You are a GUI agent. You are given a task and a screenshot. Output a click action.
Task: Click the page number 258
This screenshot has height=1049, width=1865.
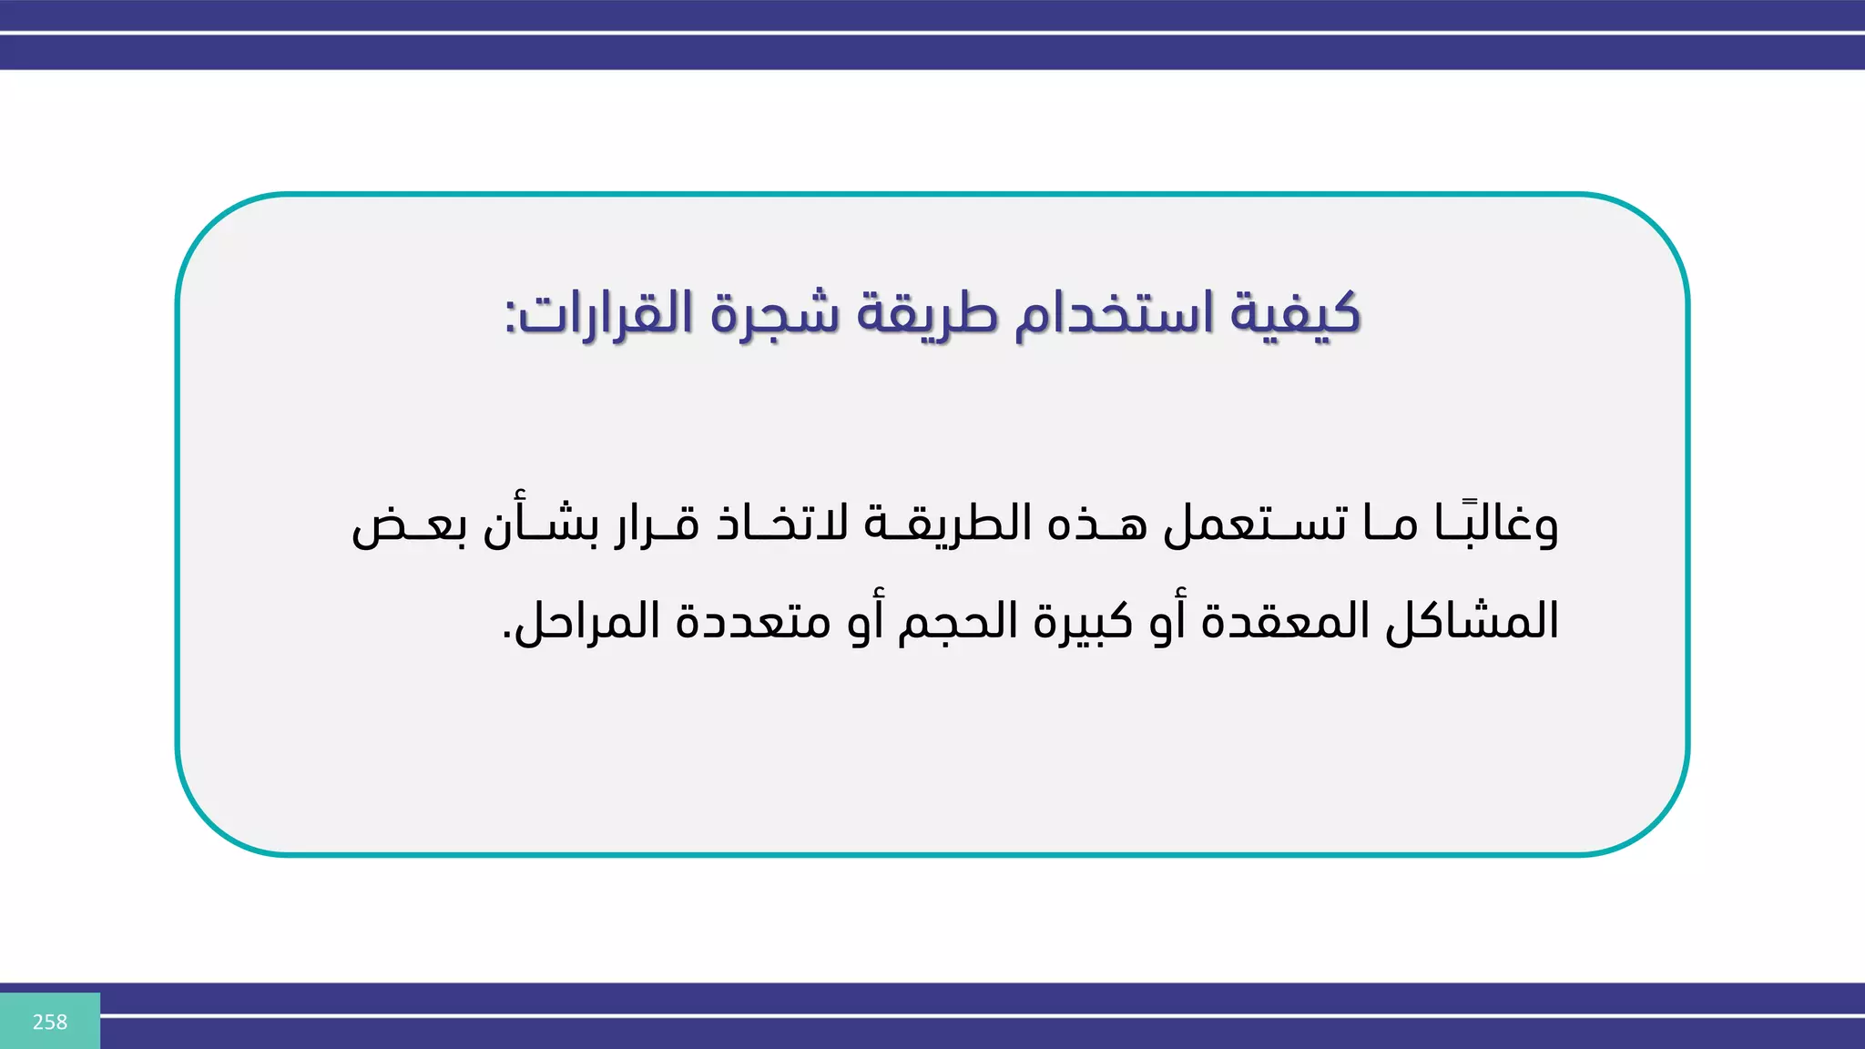click(49, 1022)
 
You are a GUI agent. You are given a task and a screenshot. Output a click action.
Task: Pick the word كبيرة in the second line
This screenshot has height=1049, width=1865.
click(1084, 622)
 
